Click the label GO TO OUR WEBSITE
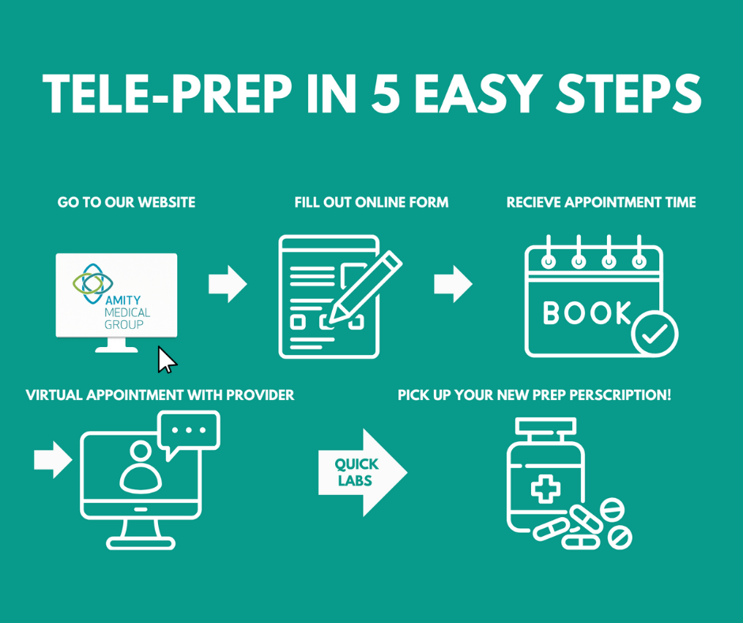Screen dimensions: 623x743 (x=126, y=202)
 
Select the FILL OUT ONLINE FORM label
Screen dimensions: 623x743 (x=371, y=202)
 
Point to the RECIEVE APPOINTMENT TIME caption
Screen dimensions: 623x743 (x=601, y=202)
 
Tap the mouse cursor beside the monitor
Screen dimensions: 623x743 (x=166, y=360)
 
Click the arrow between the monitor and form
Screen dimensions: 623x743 (x=228, y=284)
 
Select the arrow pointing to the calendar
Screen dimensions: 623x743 (x=453, y=284)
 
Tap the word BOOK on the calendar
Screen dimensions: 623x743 (x=586, y=314)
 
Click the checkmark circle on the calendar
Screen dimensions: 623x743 (x=654, y=334)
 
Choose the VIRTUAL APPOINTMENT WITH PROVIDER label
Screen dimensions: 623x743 (x=160, y=395)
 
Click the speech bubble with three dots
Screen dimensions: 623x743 (x=189, y=432)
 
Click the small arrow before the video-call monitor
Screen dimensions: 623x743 (x=53, y=460)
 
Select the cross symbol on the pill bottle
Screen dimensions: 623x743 (x=545, y=489)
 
